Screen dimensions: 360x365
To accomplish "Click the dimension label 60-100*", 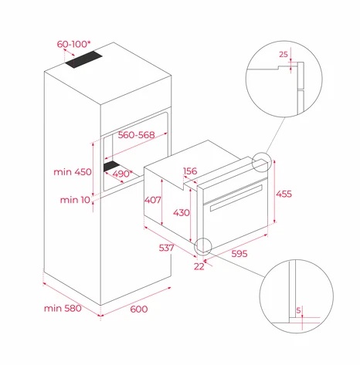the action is tap(73, 44).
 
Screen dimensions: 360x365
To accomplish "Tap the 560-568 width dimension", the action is tap(136, 135).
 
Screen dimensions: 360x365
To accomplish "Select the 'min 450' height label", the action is tap(73, 172).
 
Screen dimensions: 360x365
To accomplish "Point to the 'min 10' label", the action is tap(75, 200).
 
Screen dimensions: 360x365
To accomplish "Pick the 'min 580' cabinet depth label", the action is tap(63, 308).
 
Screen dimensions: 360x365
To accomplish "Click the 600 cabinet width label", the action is tap(139, 309).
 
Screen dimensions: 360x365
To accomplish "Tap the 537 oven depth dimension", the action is tap(166, 248).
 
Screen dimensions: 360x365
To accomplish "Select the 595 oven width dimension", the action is tap(239, 254).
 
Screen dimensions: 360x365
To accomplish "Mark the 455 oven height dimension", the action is tap(284, 194).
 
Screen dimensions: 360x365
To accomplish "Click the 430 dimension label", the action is tap(182, 213).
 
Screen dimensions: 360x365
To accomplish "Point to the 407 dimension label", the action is tap(152, 200).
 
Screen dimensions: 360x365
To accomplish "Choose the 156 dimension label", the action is tap(190, 171).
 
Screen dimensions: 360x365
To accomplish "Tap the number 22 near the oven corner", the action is tap(199, 266).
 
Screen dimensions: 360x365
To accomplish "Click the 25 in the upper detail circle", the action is tap(284, 55).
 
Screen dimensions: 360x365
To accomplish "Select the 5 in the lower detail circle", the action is tap(298, 310).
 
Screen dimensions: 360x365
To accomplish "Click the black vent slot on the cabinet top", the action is tap(83, 59).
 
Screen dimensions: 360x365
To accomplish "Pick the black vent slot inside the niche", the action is tap(111, 167).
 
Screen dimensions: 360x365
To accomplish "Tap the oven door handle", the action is tap(236, 198).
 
